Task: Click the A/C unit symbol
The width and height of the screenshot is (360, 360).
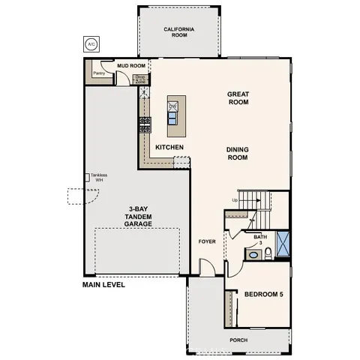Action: (x=91, y=44)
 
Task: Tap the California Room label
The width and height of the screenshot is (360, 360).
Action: (x=179, y=32)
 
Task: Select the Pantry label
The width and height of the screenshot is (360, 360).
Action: (x=97, y=73)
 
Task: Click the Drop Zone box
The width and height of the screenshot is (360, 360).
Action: (x=139, y=77)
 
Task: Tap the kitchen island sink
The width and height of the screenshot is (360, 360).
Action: (x=172, y=115)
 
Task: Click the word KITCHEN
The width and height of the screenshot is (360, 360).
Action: (x=170, y=147)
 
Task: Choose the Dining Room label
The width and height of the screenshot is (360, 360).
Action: (x=237, y=154)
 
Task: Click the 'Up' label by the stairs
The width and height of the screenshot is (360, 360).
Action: (x=235, y=200)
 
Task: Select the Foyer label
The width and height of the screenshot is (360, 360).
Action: (x=206, y=241)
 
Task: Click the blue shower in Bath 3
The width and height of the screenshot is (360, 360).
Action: (x=283, y=244)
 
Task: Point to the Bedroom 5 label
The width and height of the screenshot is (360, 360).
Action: (x=263, y=294)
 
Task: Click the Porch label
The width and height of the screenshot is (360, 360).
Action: (x=238, y=340)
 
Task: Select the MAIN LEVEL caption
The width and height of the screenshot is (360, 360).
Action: (x=103, y=284)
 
